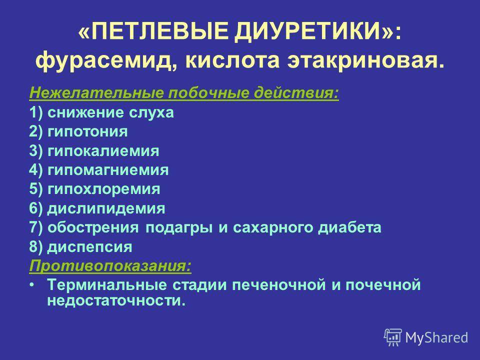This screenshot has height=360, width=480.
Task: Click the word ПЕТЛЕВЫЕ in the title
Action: (x=159, y=31)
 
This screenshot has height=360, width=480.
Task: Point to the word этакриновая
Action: (x=365, y=60)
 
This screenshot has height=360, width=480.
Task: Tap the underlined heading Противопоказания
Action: (x=110, y=265)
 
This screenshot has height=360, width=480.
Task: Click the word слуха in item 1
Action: (x=151, y=113)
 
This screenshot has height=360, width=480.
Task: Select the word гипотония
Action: (x=87, y=132)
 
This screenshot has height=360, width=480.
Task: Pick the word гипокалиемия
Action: (x=103, y=151)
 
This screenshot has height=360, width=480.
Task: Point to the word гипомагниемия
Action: (x=108, y=170)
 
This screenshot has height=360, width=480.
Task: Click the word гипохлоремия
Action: (x=104, y=189)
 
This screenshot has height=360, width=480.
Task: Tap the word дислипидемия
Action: (x=106, y=209)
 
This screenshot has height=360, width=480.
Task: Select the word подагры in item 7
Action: (x=179, y=228)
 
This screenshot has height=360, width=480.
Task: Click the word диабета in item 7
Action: (x=349, y=227)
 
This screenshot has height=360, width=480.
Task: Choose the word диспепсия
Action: (x=89, y=247)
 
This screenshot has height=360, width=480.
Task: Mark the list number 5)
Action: (x=36, y=189)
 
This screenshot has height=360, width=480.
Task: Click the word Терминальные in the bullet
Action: (x=107, y=284)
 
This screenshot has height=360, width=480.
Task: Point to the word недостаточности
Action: (x=116, y=300)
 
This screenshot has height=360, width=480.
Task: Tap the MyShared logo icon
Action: (x=393, y=337)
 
